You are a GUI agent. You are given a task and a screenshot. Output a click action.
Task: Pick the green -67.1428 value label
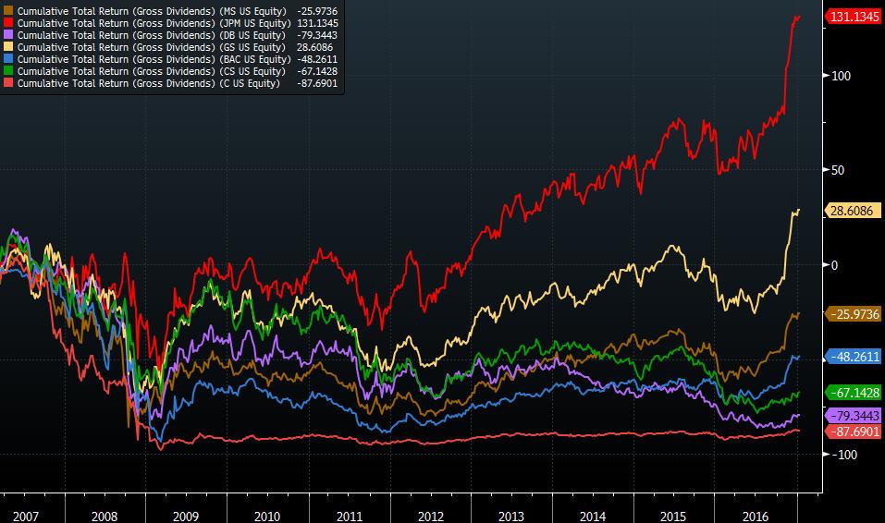[x=854, y=393]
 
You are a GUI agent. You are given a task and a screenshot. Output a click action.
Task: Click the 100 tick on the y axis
[x=840, y=76]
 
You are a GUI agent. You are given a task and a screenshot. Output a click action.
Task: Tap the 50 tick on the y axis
[x=838, y=170]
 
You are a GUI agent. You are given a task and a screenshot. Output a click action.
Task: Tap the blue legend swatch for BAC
[x=9, y=59]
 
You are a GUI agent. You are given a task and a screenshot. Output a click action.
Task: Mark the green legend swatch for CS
[x=9, y=71]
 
